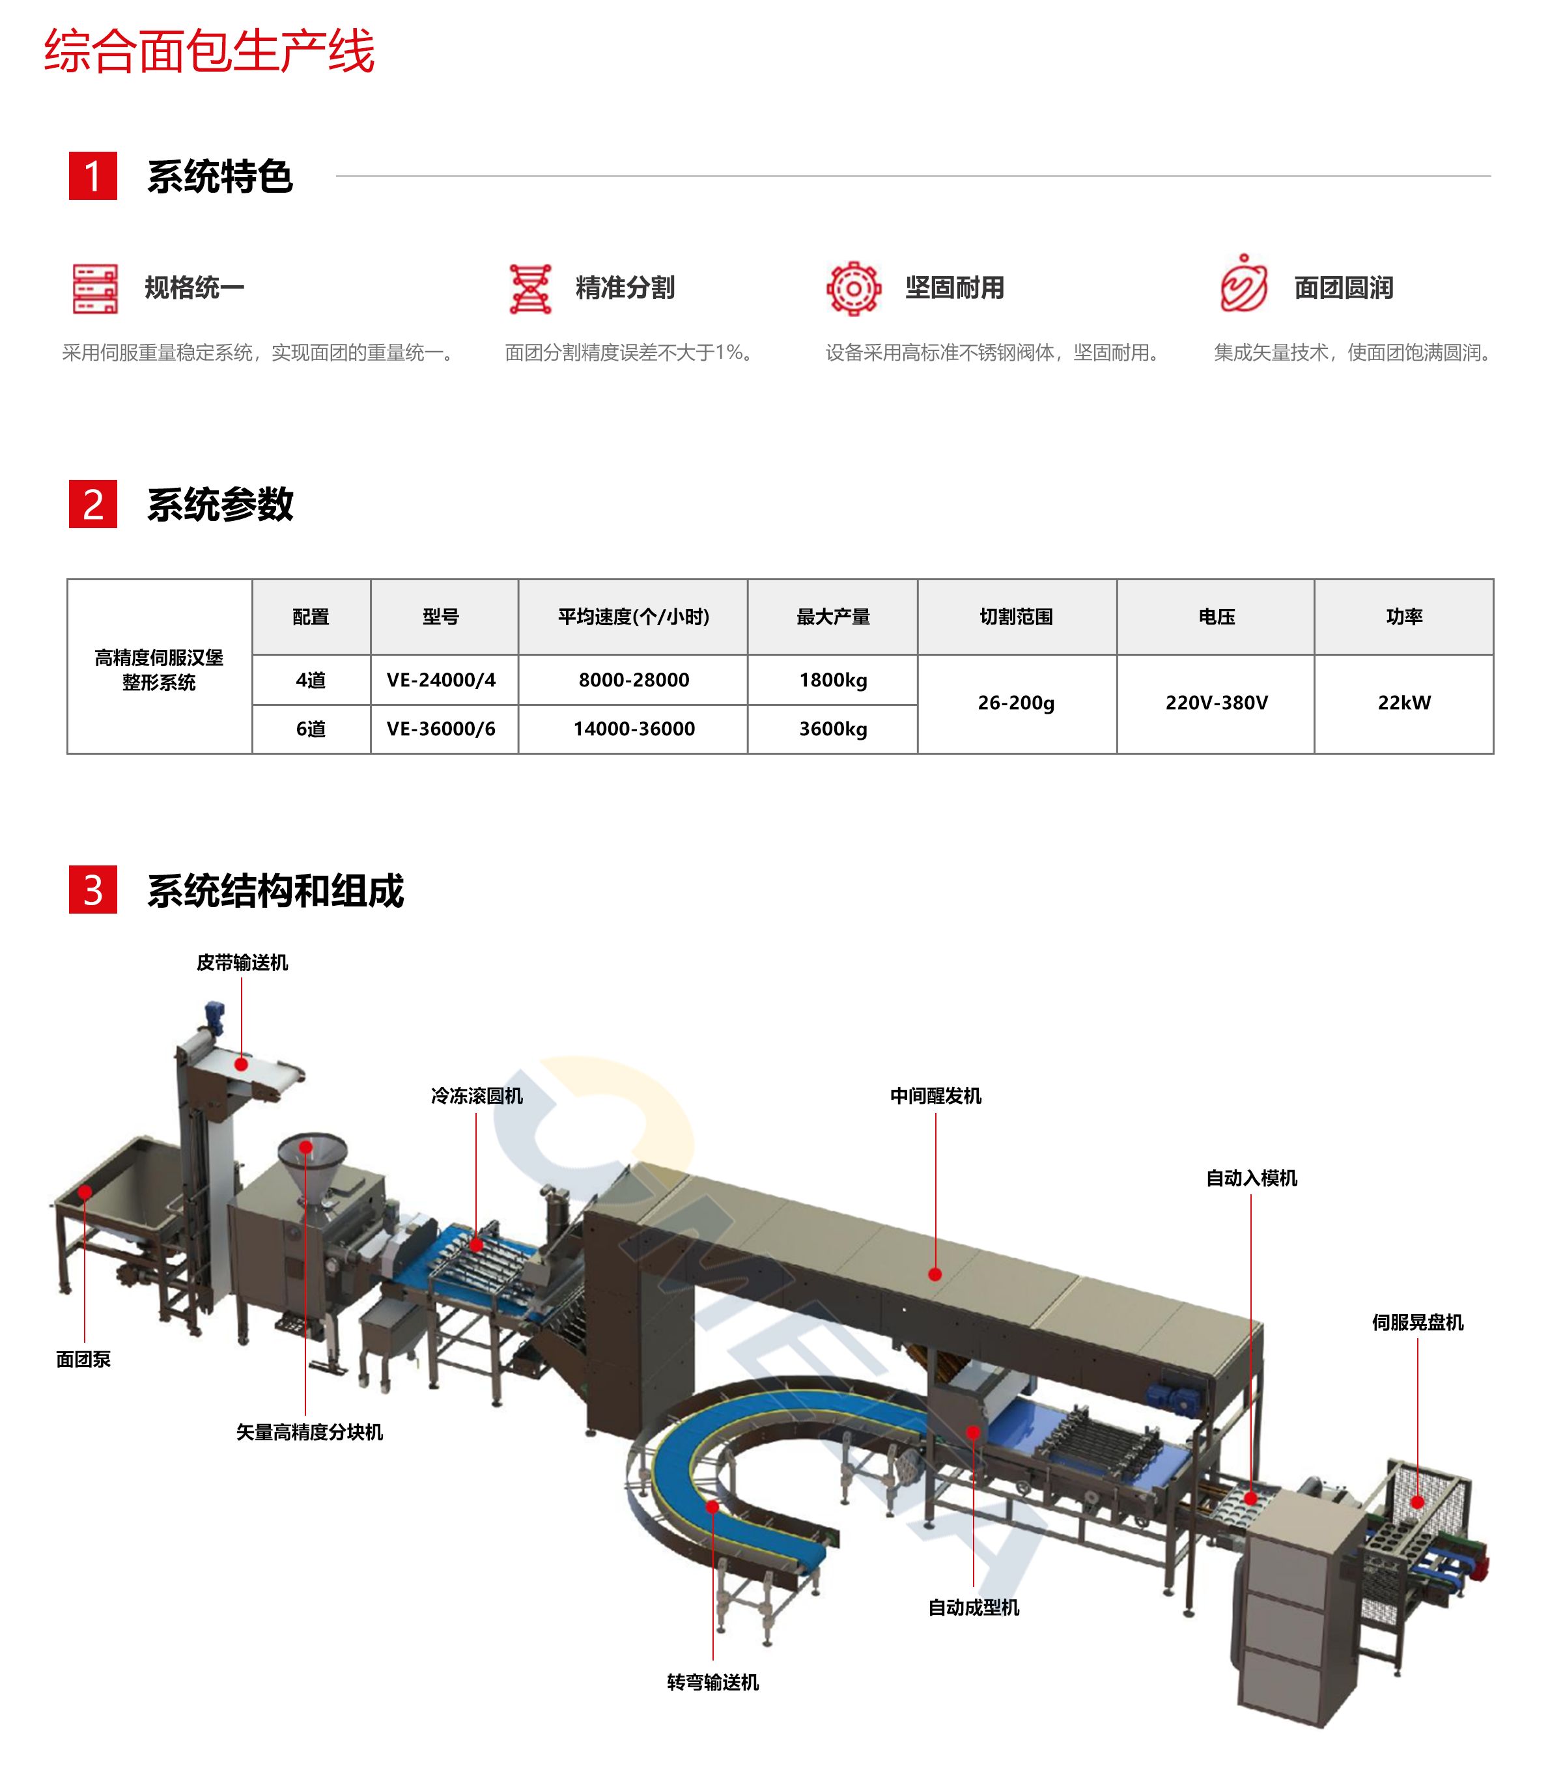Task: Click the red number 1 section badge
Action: (92, 176)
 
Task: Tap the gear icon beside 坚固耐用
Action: (853, 288)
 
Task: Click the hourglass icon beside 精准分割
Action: (529, 288)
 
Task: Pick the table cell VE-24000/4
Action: (441, 680)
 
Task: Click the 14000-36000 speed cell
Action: (634, 729)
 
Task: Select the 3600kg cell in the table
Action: (833, 729)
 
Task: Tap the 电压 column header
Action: (1217, 617)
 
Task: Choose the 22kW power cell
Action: (1403, 702)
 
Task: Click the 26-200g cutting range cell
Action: (1016, 702)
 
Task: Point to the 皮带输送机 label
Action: (242, 962)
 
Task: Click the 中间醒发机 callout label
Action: (936, 1095)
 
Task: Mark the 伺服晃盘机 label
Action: (1418, 1322)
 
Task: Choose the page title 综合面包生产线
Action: (209, 51)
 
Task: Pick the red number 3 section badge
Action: (92, 890)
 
